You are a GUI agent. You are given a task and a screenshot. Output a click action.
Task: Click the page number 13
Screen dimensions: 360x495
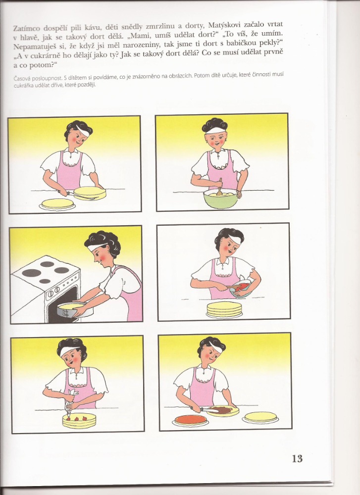click(297, 458)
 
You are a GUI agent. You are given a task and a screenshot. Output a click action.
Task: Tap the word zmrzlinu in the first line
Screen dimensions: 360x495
click(159, 27)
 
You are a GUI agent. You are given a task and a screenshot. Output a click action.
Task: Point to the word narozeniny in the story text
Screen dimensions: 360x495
click(140, 45)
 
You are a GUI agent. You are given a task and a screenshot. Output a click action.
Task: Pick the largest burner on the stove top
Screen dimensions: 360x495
click(31, 273)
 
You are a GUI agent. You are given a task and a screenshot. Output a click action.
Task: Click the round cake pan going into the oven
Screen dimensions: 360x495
click(71, 308)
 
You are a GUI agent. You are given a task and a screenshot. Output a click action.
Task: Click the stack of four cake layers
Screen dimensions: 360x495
click(224, 309)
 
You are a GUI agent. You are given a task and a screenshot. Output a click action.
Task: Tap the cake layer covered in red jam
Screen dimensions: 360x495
click(191, 420)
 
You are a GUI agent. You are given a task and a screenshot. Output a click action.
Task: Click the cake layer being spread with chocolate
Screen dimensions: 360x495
click(223, 411)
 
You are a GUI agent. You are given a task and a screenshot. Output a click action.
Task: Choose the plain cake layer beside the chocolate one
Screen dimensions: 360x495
click(260, 417)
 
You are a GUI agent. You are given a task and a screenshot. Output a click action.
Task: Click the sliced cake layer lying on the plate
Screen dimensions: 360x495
click(57, 203)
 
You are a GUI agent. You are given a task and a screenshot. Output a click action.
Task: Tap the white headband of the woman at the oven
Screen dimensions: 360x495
click(97, 247)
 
